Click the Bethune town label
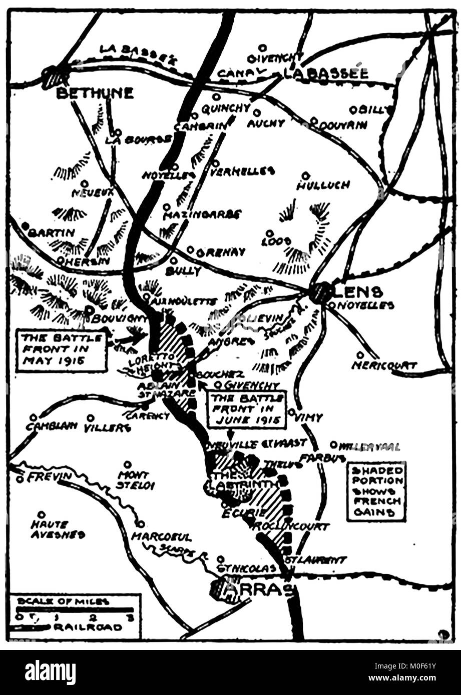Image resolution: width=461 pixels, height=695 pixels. tap(95, 93)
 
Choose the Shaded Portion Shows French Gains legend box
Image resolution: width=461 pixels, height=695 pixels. tap(376, 491)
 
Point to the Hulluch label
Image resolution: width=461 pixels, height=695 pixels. tap(323, 185)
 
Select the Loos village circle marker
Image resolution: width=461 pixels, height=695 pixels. tap(269, 233)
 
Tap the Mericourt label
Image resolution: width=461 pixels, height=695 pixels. tap(384, 365)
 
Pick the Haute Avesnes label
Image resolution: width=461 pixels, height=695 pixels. tap(57, 529)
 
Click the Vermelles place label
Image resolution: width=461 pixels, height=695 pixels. tap(242, 171)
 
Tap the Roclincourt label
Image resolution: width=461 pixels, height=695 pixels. tap(291, 526)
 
